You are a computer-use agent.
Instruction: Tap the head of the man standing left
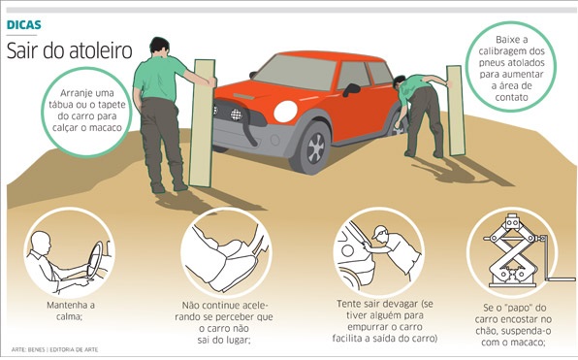(158, 46)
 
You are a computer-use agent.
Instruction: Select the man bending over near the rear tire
(419, 112)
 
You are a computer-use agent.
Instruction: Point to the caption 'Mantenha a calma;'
(67, 310)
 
